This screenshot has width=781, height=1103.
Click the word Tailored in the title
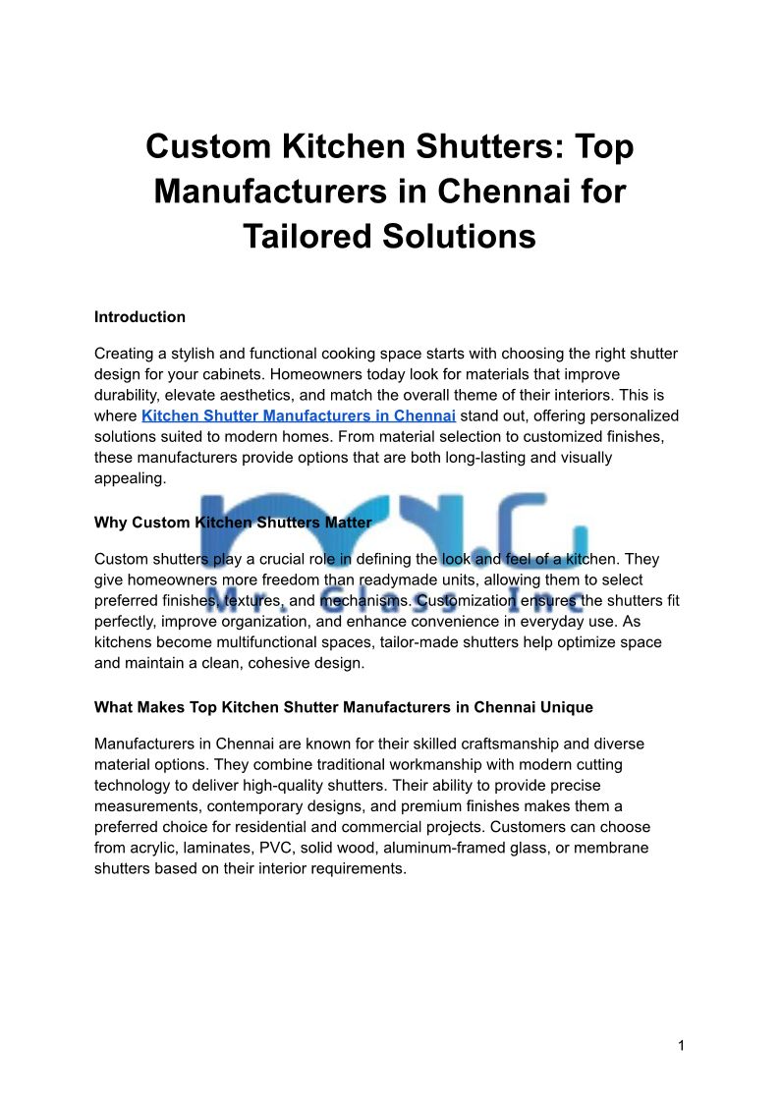[311, 236]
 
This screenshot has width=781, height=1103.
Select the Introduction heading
[139, 317]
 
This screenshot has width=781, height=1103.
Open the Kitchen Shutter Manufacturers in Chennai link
[298, 415]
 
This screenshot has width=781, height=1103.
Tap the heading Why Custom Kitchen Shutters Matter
[232, 523]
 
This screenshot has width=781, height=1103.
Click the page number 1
[680, 1045]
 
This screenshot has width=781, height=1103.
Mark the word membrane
[616, 848]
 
